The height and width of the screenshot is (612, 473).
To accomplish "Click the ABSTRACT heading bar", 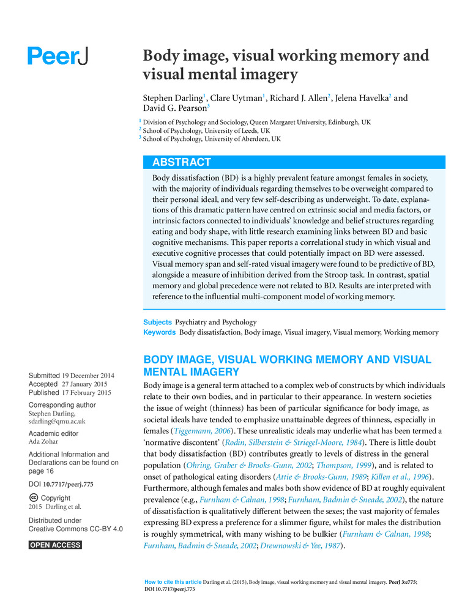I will [294, 162].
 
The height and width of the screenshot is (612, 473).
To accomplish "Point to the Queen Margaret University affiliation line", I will [256, 122].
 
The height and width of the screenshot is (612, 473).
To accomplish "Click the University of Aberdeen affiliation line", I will [212, 139].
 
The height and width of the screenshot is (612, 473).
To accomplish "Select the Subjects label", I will [157, 322].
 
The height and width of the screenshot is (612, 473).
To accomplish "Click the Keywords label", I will [159, 332].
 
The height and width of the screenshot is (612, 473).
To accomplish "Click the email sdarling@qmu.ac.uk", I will [57, 421].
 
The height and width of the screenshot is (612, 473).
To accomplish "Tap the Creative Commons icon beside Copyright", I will [34, 498].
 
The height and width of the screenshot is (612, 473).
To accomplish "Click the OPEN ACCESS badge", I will [55, 545].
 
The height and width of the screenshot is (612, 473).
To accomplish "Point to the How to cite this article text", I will [173, 581].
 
